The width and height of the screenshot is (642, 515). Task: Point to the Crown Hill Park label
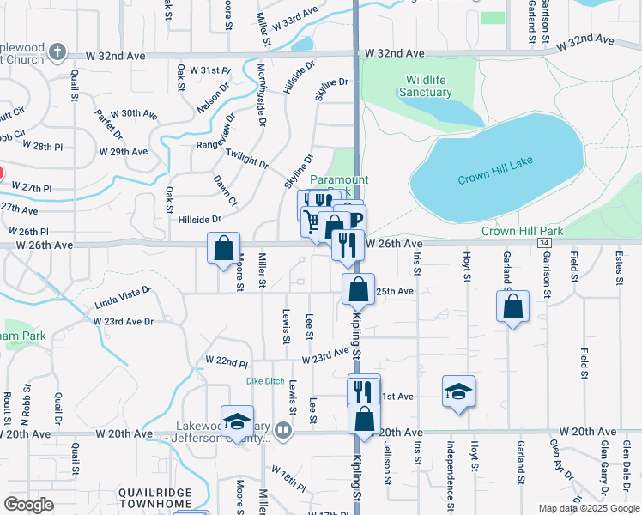click(x=522, y=232)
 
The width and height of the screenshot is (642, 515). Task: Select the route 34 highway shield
click(x=545, y=243)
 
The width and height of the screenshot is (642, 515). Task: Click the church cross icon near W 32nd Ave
click(x=58, y=52)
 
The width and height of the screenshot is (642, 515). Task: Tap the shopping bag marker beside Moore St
click(x=224, y=249)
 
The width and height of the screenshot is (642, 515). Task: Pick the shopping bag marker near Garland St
click(x=512, y=307)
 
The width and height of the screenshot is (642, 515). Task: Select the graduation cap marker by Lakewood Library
click(x=237, y=421)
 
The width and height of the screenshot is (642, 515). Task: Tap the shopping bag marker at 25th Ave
click(x=359, y=289)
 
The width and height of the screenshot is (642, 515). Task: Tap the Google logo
click(x=28, y=505)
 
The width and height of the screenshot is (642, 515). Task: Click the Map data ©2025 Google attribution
click(x=589, y=508)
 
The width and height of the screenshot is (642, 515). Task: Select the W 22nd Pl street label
click(x=227, y=360)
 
